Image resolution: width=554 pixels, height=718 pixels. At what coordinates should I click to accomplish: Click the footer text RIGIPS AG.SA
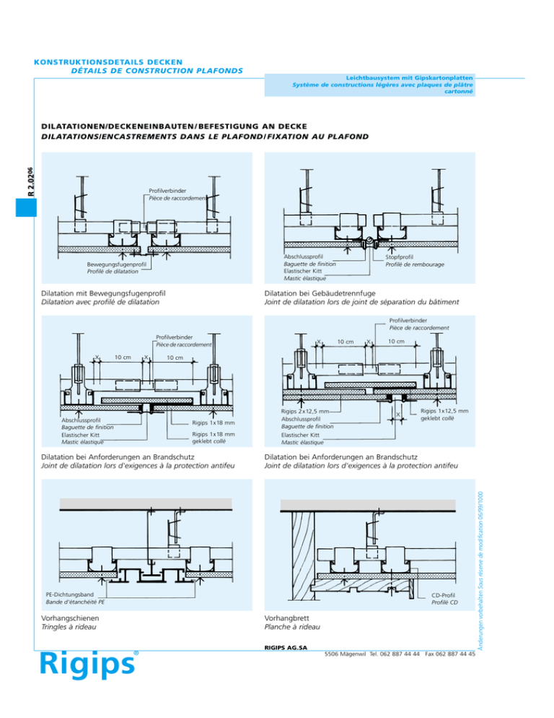point(286,648)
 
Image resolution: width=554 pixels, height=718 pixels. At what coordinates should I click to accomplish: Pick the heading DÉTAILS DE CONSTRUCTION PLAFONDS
point(157,71)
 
